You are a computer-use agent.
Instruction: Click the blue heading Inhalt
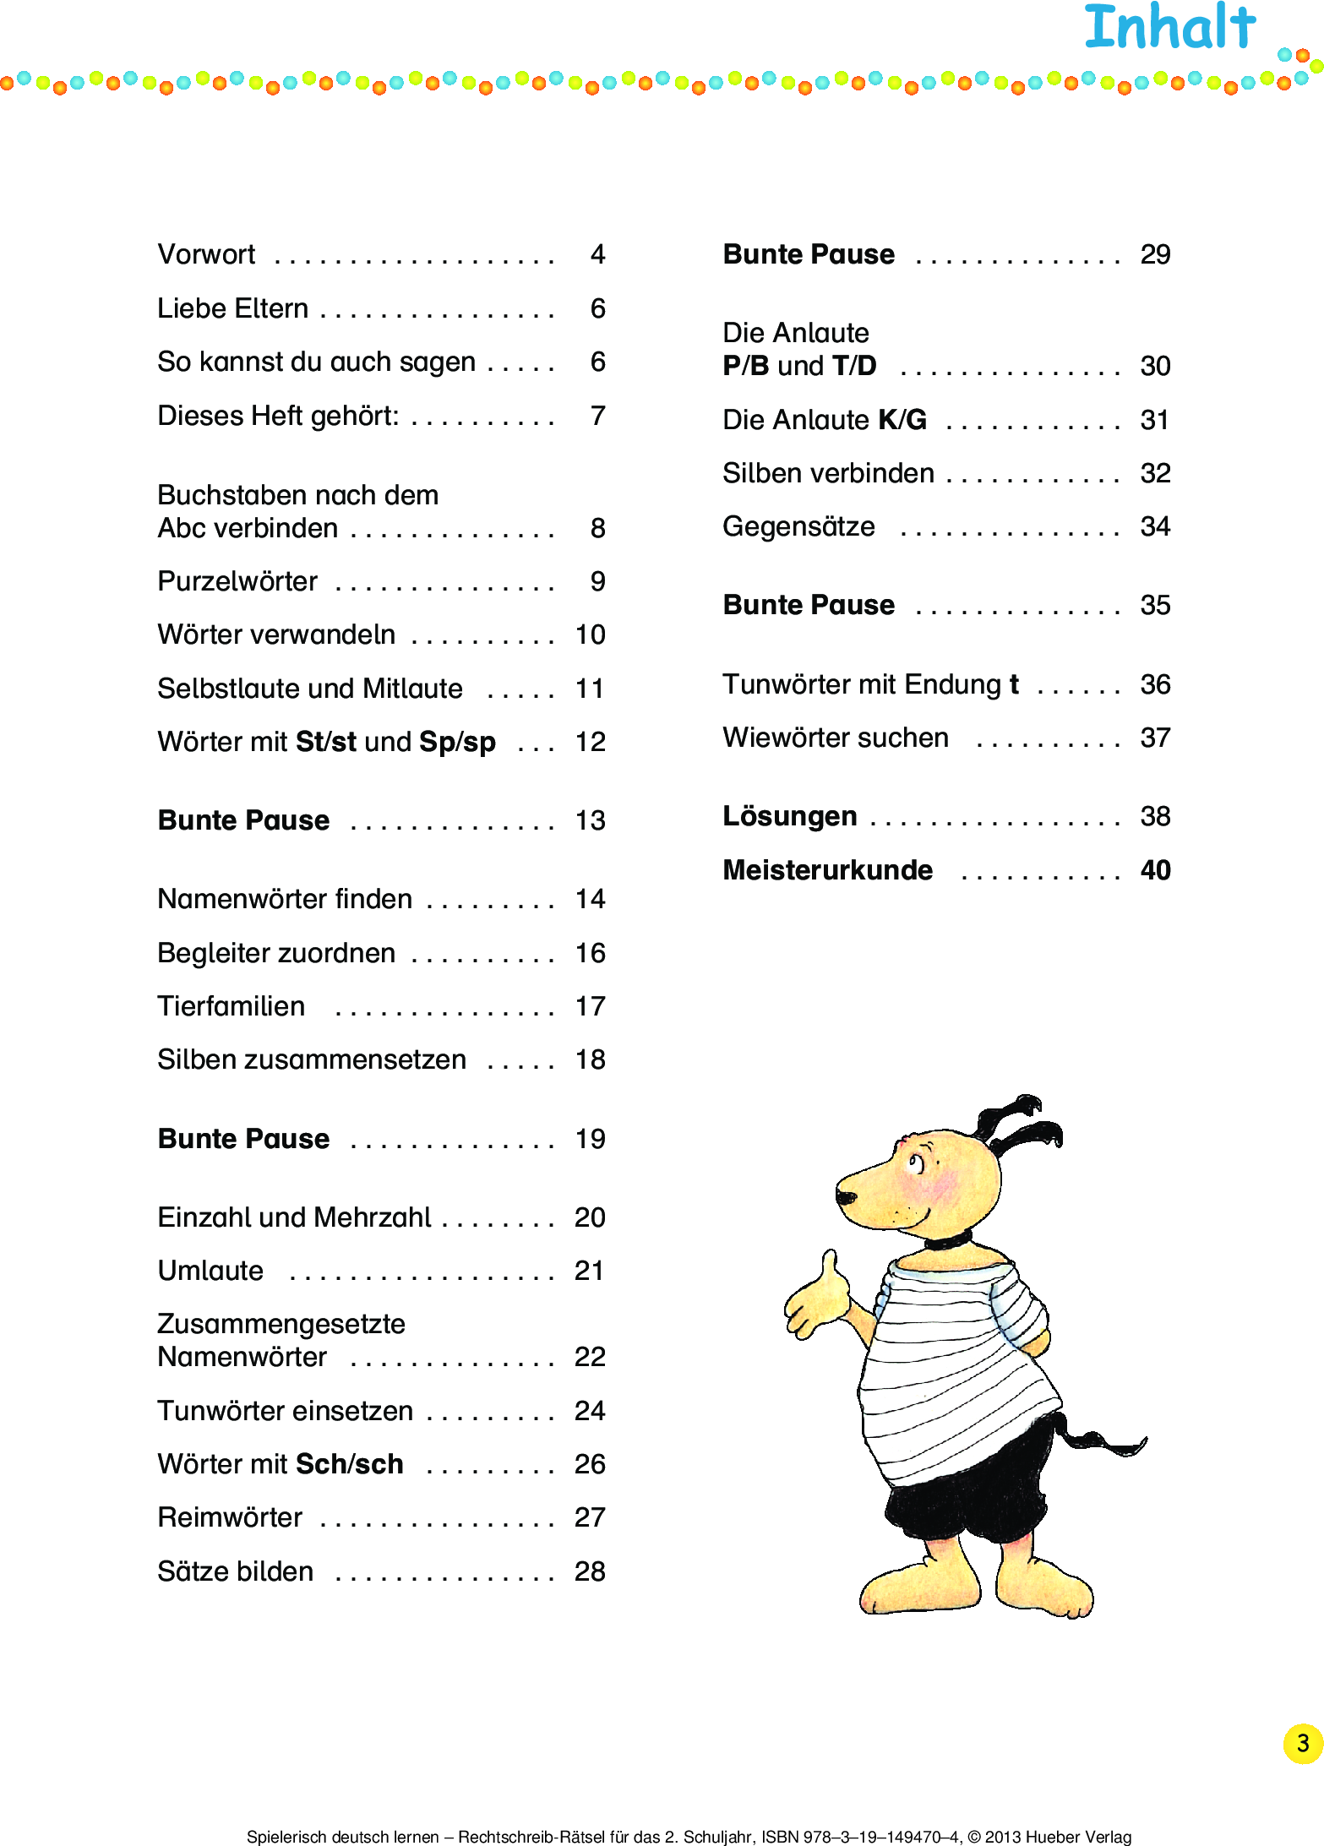pyautogui.click(x=1169, y=27)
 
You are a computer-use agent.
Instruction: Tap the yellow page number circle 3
pyautogui.click(x=1302, y=1743)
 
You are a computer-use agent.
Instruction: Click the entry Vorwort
pyautogui.click(x=206, y=254)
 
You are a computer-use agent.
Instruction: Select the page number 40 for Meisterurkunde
pyautogui.click(x=1155, y=870)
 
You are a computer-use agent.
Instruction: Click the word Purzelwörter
pyautogui.click(x=237, y=582)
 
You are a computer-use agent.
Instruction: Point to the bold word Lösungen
pyautogui.click(x=789, y=816)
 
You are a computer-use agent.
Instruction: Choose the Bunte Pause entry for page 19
pyautogui.click(x=243, y=1139)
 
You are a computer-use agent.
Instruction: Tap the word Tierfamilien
pyautogui.click(x=231, y=1006)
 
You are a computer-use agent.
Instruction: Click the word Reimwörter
pyautogui.click(x=230, y=1517)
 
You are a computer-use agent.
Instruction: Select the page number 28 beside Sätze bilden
pyautogui.click(x=590, y=1571)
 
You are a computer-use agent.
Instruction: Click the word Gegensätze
pyautogui.click(x=798, y=526)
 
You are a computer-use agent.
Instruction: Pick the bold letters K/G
pyautogui.click(x=902, y=420)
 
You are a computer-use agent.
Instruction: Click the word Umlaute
pyautogui.click(x=210, y=1271)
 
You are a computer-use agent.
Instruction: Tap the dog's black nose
pyautogui.click(x=845, y=1196)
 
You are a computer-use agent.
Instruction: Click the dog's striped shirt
pyautogui.click(x=955, y=1369)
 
